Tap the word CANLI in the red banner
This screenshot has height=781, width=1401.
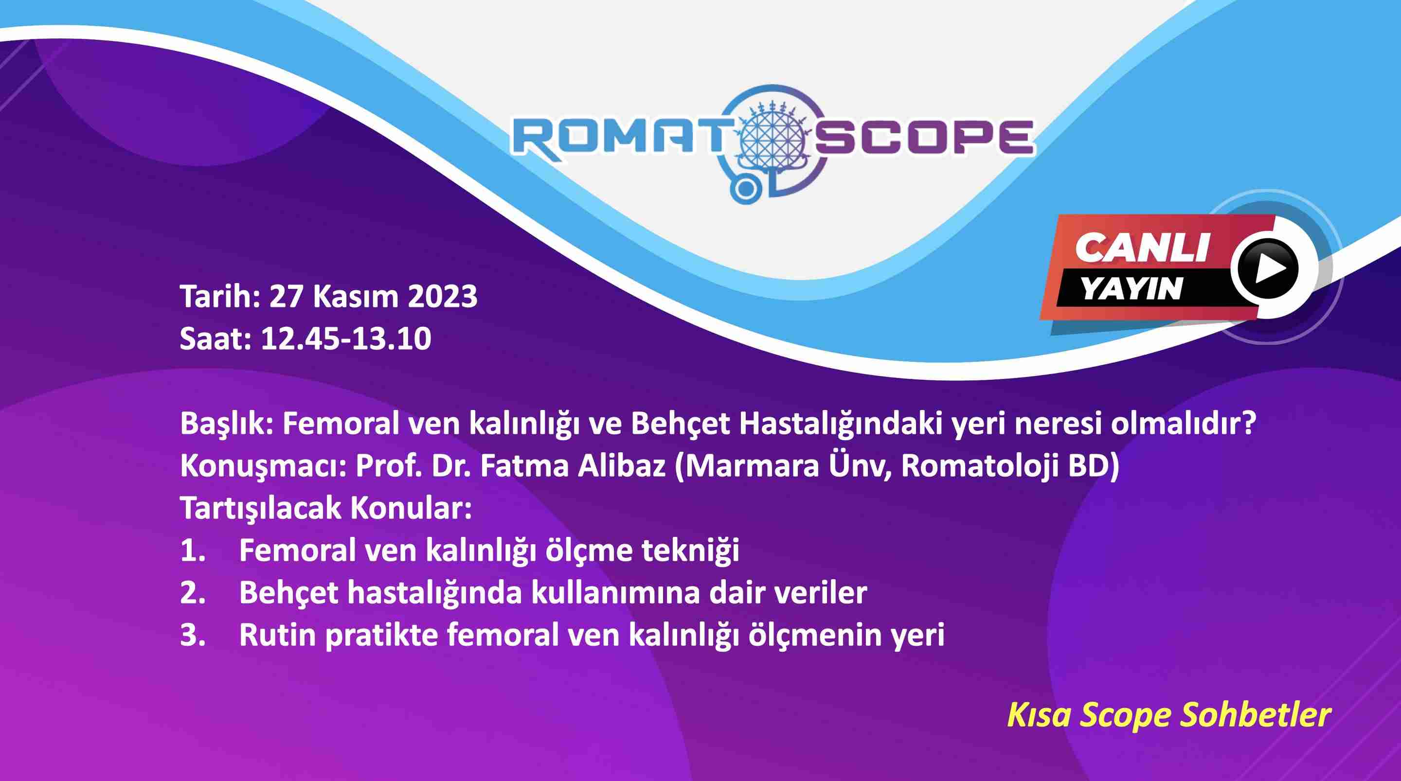pyautogui.click(x=1142, y=248)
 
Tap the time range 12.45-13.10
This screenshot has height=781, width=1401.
pyautogui.click(x=346, y=339)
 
